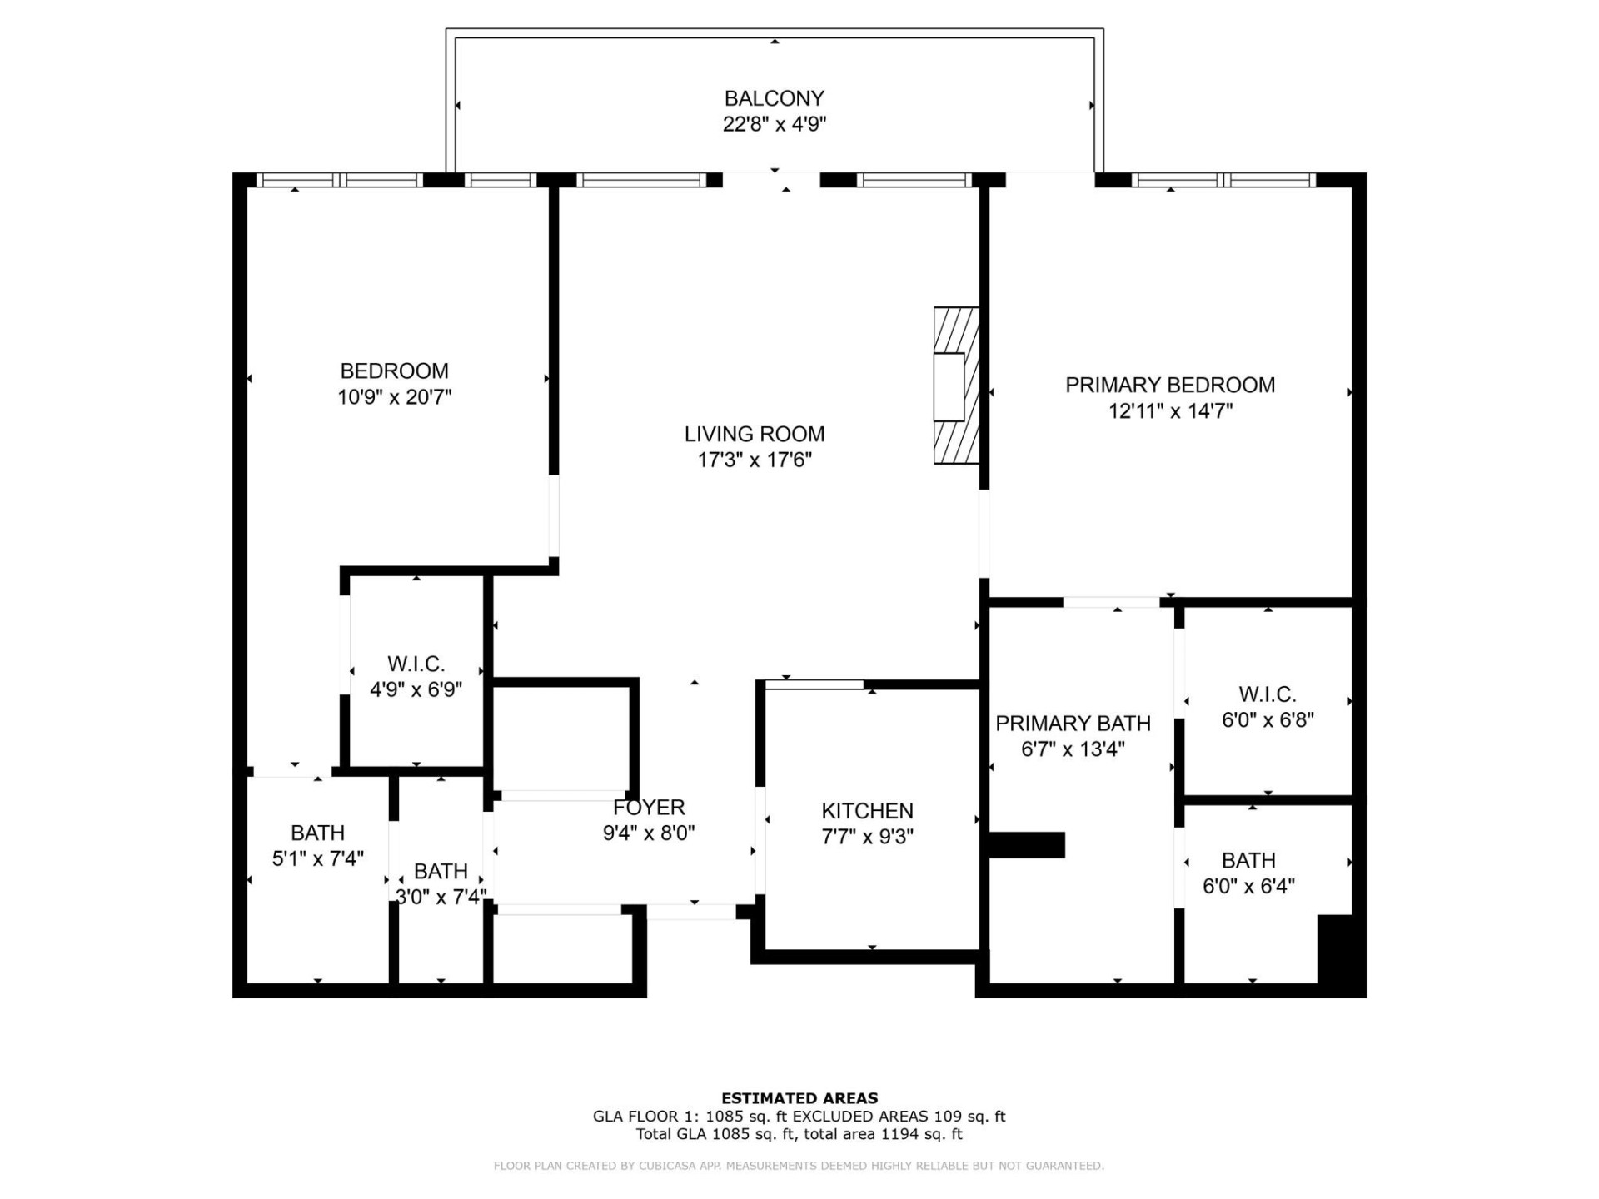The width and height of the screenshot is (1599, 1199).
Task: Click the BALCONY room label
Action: [x=774, y=98]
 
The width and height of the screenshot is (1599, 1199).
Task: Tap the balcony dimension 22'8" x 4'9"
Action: [x=774, y=125]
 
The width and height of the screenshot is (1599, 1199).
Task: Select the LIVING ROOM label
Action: [x=755, y=434]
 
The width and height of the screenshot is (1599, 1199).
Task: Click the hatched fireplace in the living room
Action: [x=955, y=386]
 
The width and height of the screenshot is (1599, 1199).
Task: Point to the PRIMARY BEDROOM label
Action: [x=1170, y=385]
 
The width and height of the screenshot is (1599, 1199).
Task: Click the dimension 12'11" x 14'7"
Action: [x=1170, y=411]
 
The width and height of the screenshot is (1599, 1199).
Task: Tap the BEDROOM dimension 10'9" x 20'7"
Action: [x=394, y=397]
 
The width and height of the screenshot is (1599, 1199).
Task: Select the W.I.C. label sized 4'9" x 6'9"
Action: [x=416, y=664]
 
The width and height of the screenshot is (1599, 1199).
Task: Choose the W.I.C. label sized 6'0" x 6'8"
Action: [x=1267, y=694]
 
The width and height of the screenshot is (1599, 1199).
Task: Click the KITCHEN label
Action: [x=867, y=810]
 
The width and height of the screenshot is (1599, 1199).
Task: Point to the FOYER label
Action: [x=649, y=807]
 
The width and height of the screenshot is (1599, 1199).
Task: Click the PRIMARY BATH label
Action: [x=1073, y=723]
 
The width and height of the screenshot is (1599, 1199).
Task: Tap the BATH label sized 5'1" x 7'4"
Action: [x=317, y=833]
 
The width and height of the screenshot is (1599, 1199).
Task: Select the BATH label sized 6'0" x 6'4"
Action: [x=1248, y=860]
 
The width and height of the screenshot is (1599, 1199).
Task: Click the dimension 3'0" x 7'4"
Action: [x=441, y=898]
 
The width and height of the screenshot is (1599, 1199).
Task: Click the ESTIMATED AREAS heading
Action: [x=799, y=1098]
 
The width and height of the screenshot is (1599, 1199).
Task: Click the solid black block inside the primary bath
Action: [x=1027, y=844]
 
